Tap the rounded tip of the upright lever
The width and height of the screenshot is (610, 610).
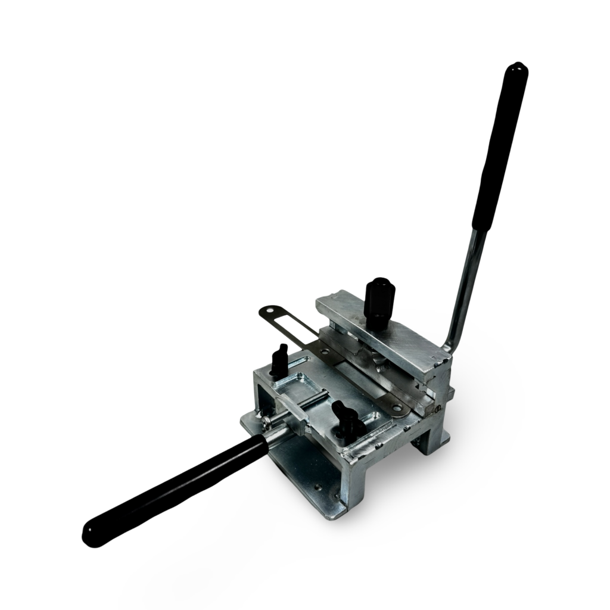pos(516,69)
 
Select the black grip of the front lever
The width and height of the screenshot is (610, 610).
pos(179,488)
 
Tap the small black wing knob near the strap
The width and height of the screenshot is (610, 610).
pos(279,361)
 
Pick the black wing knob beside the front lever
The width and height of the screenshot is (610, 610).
pos(346,418)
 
